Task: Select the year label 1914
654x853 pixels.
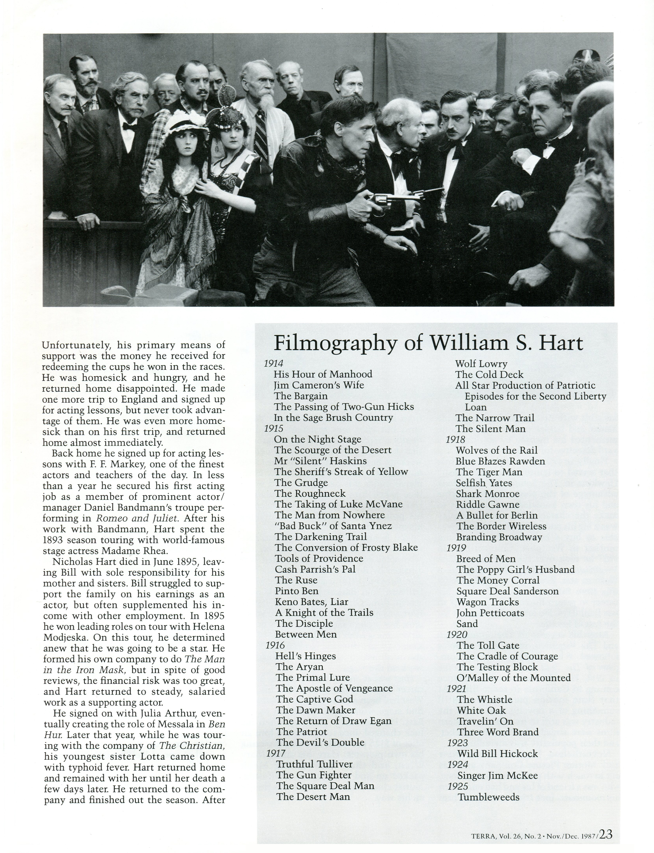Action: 274,364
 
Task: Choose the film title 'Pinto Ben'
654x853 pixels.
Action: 297,591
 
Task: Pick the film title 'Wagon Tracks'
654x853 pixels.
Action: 488,602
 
